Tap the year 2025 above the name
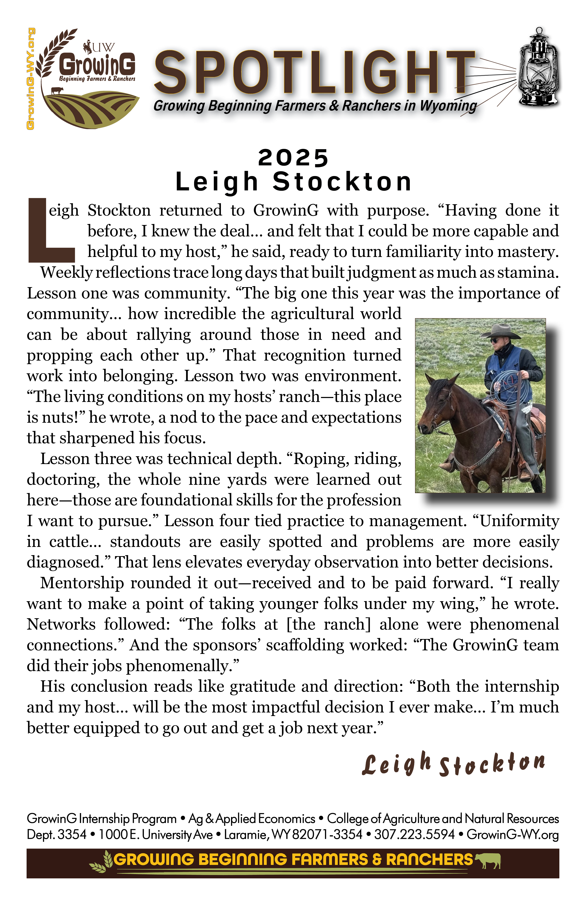(x=293, y=158)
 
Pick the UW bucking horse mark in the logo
(x=88, y=46)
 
